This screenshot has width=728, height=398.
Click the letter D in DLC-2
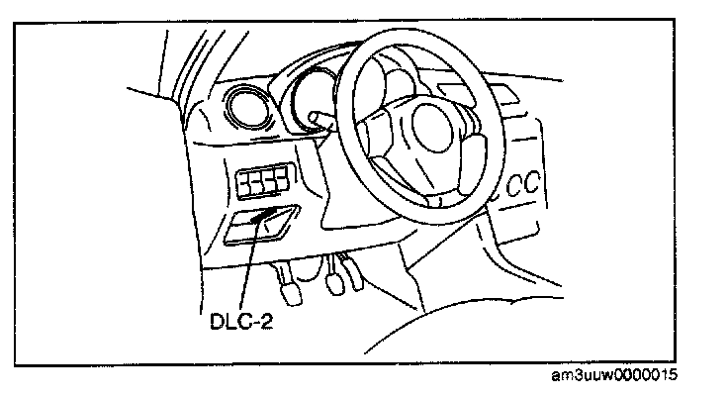click(217, 322)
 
